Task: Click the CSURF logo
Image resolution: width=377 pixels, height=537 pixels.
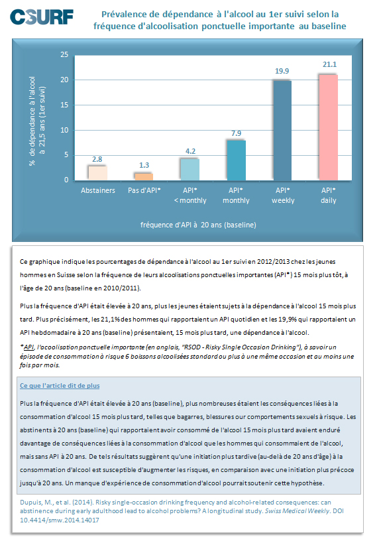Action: (42, 17)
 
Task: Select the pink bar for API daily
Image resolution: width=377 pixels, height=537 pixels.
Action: (329, 127)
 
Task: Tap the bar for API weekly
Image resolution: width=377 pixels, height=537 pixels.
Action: (282, 130)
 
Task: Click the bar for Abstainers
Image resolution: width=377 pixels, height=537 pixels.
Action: (98, 173)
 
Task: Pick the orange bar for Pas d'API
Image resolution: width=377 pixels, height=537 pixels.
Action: (144, 177)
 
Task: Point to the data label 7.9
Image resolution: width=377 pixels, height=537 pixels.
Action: (237, 133)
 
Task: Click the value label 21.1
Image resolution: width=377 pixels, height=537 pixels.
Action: (329, 64)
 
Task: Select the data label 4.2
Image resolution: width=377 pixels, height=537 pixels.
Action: (190, 151)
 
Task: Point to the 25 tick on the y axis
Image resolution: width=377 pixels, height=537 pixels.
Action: (64, 54)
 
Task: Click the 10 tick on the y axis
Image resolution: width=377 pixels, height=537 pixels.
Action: (64, 130)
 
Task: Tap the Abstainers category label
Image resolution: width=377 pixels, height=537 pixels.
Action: (98, 190)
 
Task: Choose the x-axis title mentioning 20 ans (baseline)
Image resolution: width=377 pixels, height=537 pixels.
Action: (198, 225)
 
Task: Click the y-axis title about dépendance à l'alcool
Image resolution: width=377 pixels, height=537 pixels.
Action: (37, 121)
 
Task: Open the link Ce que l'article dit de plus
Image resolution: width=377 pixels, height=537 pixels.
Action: (60, 386)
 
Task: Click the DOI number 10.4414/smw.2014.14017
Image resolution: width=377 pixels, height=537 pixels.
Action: (60, 520)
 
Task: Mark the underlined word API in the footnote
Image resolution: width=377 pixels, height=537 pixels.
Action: (28, 347)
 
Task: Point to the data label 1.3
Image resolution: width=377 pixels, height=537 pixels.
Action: (144, 165)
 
